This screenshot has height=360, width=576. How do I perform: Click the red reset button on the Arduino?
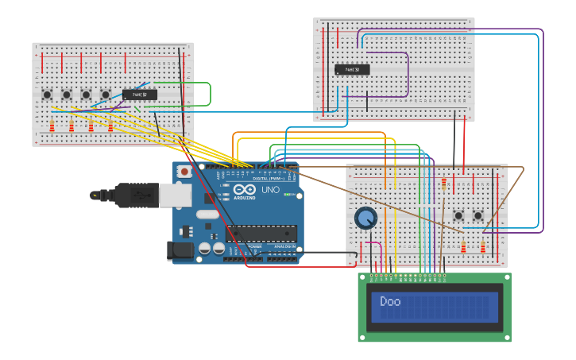coord(184,171)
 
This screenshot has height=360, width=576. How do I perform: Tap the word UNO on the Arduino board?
coord(270,190)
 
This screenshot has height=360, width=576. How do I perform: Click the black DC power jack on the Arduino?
coord(181,251)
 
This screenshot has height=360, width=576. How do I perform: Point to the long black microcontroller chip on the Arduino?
coord(261,233)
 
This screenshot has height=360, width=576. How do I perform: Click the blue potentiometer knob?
coord(365,218)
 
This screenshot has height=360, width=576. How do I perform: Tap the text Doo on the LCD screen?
coord(390,301)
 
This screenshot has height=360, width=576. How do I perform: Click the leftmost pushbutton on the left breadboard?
coord(48,95)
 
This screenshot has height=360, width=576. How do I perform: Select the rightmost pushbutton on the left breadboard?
coord(106,95)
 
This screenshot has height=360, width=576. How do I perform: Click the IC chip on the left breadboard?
coord(139,95)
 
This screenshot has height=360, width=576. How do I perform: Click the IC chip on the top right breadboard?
coord(352,69)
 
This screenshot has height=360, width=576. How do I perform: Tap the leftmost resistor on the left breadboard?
coord(52,126)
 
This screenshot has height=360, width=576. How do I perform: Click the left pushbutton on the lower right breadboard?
coord(458,215)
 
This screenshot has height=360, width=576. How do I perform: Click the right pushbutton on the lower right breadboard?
coord(478,215)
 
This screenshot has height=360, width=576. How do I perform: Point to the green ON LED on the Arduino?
coord(287,194)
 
